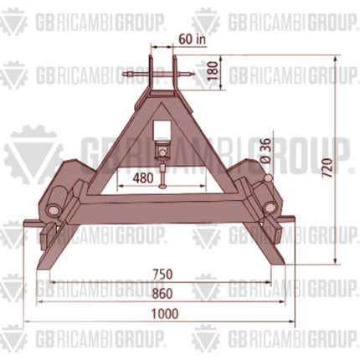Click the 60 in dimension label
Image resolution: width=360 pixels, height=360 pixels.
point(192,39)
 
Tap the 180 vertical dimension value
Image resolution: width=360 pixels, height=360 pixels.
point(213,70)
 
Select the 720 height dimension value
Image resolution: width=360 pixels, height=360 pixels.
point(327,167)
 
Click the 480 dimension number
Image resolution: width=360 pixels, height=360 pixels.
point(143,178)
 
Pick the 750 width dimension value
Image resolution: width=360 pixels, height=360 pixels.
point(162,274)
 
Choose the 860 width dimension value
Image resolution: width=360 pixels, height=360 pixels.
point(162,294)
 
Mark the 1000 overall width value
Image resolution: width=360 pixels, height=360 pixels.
point(165,314)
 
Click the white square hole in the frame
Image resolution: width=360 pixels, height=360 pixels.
point(162,131)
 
